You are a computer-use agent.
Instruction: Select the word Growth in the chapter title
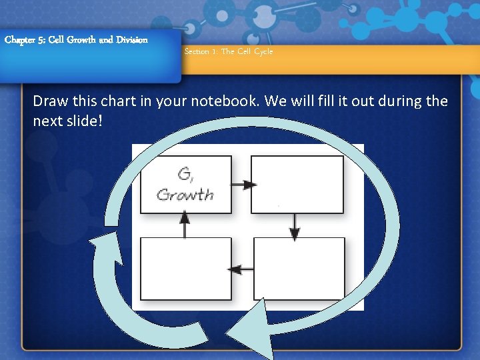click(x=79, y=39)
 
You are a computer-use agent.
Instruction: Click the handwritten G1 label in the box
click(x=186, y=175)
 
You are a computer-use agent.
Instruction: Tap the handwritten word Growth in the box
click(x=185, y=195)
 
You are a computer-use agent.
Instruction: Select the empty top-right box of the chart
click(x=297, y=185)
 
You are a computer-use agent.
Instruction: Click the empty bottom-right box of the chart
click(x=299, y=269)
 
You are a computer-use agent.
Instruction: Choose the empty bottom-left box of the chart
click(x=185, y=269)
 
